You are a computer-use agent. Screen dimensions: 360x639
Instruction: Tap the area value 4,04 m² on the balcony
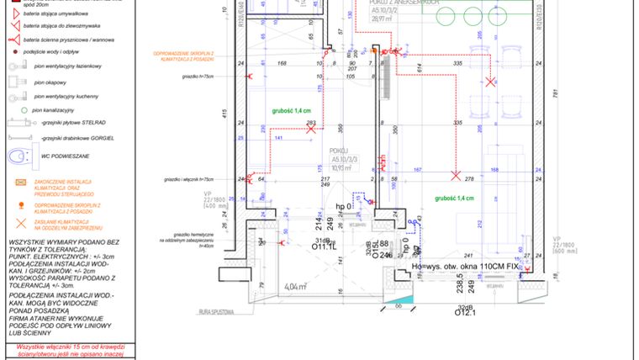coord(295,287)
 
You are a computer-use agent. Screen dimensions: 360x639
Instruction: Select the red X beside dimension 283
coord(310,130)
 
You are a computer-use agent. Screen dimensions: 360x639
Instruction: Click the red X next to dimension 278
coord(455,176)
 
